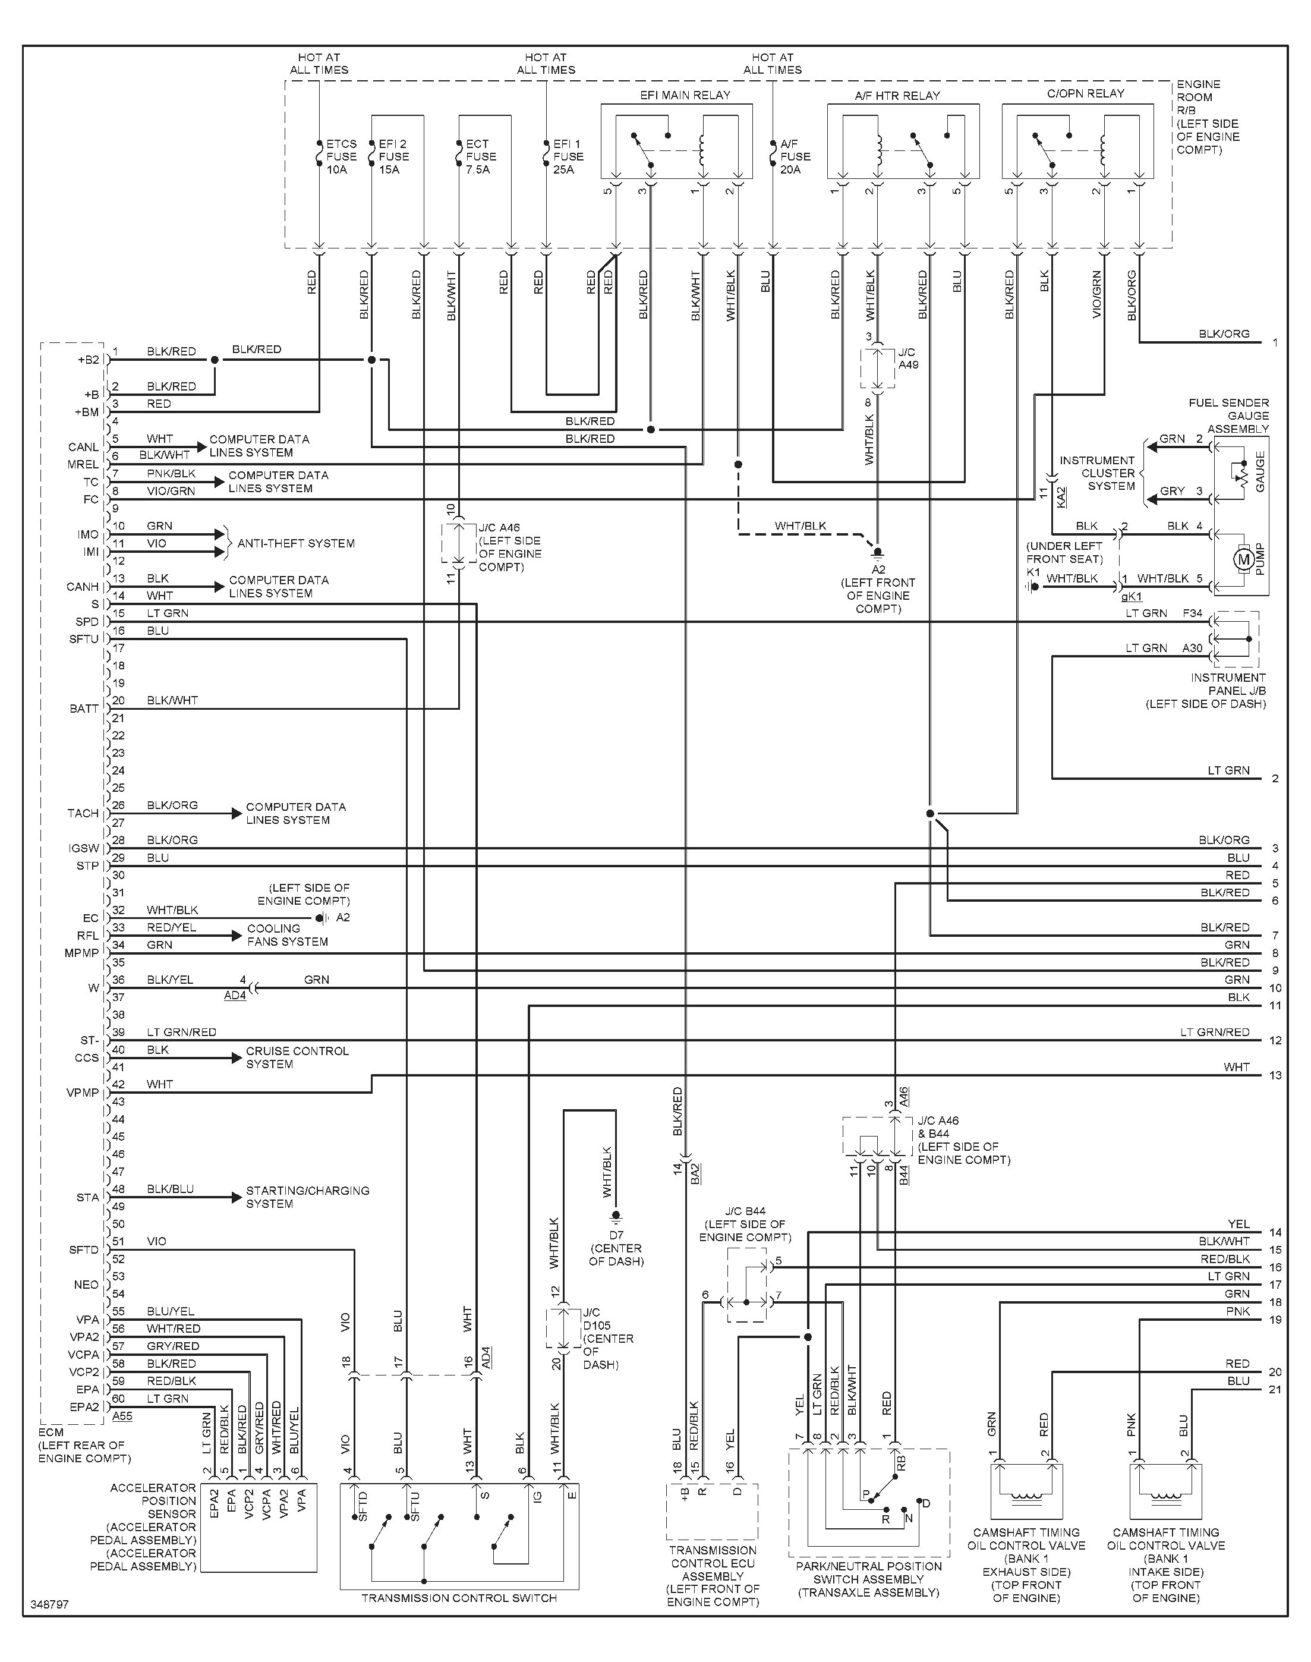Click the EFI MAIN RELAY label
(x=685, y=95)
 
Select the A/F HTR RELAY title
(x=897, y=96)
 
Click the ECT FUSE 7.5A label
(x=481, y=156)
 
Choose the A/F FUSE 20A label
(x=795, y=156)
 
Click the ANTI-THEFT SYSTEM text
(x=297, y=543)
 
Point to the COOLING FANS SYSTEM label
(x=287, y=935)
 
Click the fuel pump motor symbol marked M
(x=1243, y=559)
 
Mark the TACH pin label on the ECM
(x=83, y=814)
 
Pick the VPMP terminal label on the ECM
(x=83, y=1093)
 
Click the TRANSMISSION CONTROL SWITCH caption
(x=459, y=1598)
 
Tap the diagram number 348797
(x=50, y=1604)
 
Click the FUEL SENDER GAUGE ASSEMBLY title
(x=1228, y=415)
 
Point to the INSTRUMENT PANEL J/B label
(x=1206, y=691)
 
